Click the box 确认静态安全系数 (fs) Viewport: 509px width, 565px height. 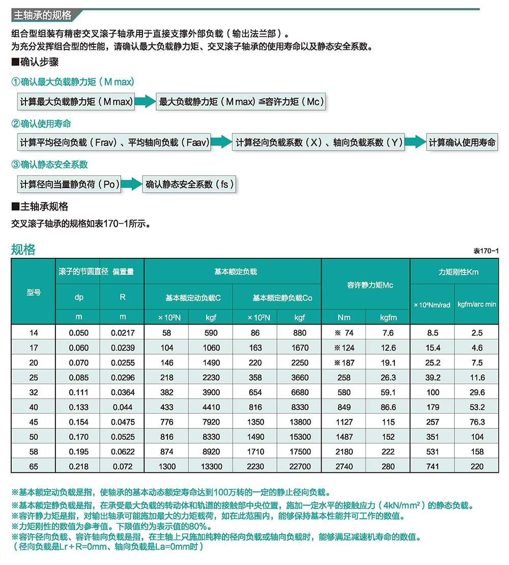point(190,184)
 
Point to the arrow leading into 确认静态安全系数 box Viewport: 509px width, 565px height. point(132,184)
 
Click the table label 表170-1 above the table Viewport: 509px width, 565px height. point(486,251)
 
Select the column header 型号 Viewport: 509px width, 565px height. point(34,292)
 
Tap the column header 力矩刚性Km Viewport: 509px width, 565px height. point(455,272)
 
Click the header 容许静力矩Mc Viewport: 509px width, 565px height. point(365,285)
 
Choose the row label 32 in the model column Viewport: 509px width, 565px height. point(34,392)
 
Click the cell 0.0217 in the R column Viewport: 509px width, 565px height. point(122,333)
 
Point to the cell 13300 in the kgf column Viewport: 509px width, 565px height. point(211,467)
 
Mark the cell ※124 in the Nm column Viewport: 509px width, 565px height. point(344,348)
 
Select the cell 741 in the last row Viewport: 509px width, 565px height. point(433,467)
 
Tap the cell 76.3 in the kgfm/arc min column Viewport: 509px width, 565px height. point(477,422)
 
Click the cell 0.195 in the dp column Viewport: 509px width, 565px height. point(78,452)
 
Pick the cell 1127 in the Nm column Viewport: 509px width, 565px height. point(344,422)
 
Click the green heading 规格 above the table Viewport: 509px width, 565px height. point(23,250)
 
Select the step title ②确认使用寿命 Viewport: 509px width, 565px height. point(41,124)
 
